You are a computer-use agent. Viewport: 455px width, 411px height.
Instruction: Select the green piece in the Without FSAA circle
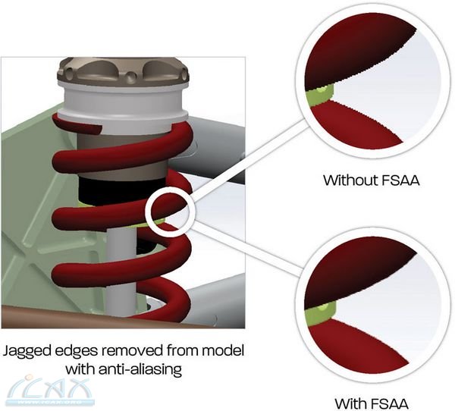[319, 95]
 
